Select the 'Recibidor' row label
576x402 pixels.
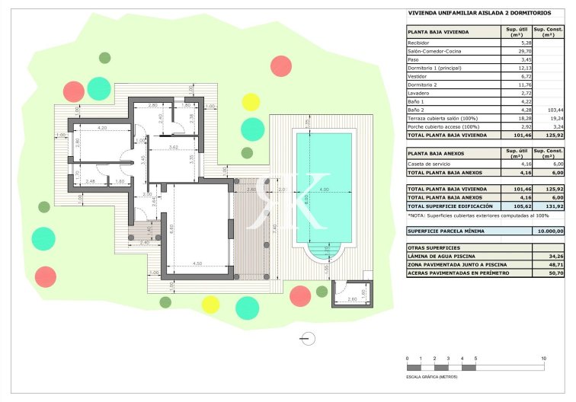(x=420, y=43)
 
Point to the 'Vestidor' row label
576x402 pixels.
(x=418, y=76)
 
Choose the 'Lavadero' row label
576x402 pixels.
(x=419, y=93)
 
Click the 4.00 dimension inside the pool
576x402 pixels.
(x=323, y=190)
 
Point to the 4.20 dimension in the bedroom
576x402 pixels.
(x=101, y=129)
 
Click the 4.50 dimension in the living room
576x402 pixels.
(x=197, y=263)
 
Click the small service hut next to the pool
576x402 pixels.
(x=350, y=293)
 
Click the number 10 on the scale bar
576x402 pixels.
(x=543, y=358)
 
